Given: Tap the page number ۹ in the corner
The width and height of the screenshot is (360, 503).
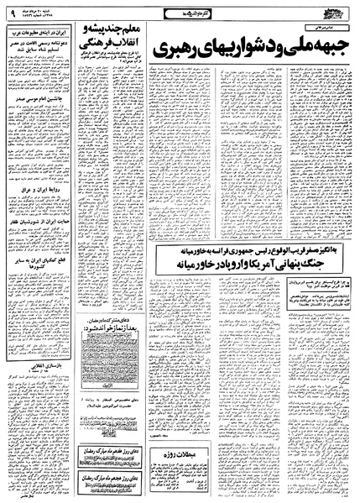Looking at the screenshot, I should (x=12, y=13).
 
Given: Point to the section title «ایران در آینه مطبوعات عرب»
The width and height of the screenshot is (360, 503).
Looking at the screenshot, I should (x=36, y=32).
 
